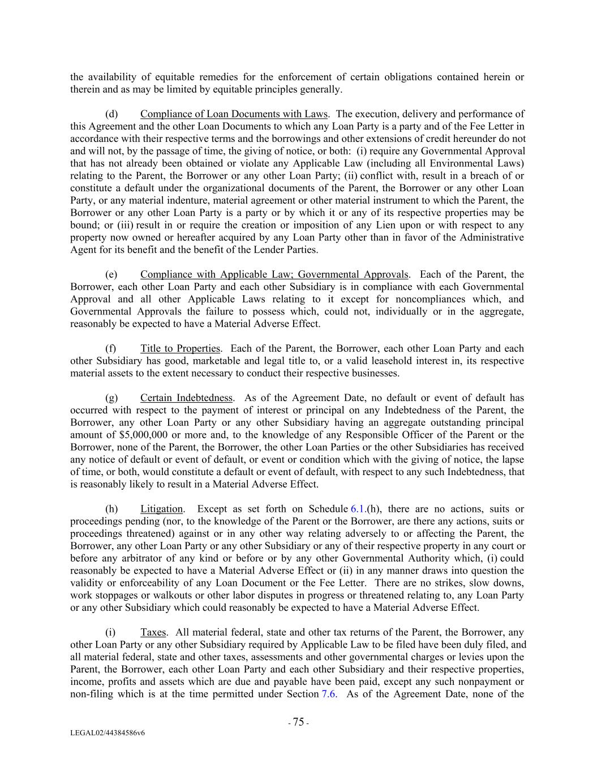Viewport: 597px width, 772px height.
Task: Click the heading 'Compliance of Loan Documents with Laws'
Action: point(234,114)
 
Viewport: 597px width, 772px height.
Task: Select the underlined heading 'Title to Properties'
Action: point(180,349)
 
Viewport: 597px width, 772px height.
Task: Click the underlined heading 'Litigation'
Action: point(162,509)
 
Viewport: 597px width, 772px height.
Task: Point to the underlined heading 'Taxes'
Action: point(153,632)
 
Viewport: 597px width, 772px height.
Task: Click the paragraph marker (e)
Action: point(111,275)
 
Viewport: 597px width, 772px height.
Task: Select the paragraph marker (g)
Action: point(111,398)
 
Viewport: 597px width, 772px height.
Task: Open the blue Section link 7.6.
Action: point(328,694)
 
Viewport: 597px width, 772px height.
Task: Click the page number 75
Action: point(298,722)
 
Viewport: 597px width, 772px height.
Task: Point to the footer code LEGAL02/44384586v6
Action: point(107,733)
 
